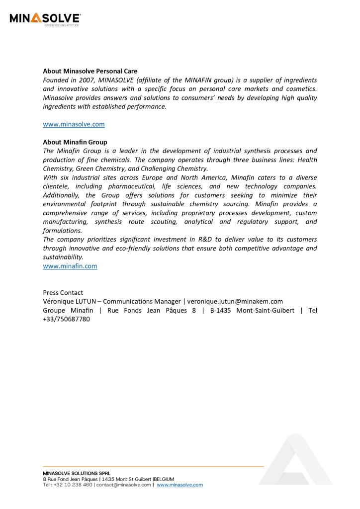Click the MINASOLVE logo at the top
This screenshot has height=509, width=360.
[x=45, y=19]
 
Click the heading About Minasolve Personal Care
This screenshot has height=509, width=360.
[x=90, y=71]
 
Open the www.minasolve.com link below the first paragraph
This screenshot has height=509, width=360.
[x=74, y=124]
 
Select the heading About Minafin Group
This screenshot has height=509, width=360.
[x=75, y=142]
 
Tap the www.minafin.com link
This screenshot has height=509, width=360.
[x=70, y=266]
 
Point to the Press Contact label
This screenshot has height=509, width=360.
[x=63, y=293]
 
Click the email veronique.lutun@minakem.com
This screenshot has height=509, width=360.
[x=235, y=302]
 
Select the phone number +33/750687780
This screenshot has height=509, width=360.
[x=66, y=320]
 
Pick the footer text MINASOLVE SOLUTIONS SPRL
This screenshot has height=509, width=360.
[x=77, y=473]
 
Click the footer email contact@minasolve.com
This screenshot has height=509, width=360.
[x=123, y=485]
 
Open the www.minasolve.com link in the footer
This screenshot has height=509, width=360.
[x=180, y=485]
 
